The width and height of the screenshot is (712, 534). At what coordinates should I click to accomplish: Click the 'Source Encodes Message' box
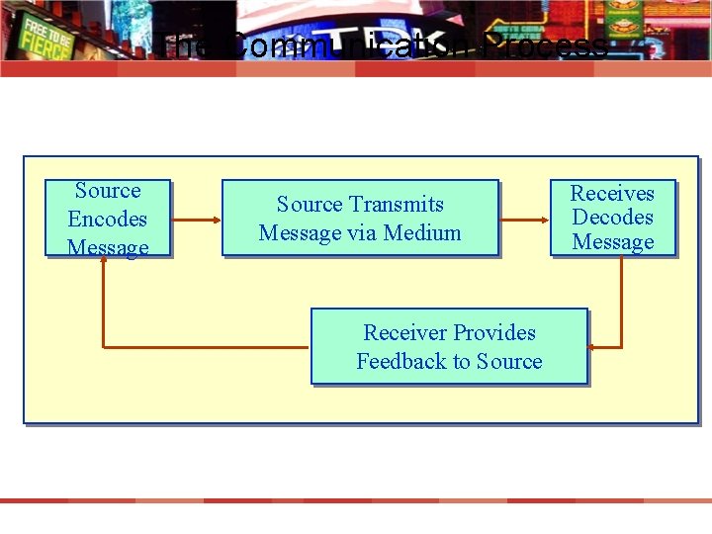click(x=108, y=219)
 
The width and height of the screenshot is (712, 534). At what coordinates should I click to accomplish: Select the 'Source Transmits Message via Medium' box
click(x=360, y=218)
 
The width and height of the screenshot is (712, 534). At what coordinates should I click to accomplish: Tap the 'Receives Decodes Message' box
click(x=613, y=218)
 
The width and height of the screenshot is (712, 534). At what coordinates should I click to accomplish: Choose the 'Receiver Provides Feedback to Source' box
click(x=449, y=346)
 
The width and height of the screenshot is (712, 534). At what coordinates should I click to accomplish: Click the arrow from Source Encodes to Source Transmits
click(x=196, y=218)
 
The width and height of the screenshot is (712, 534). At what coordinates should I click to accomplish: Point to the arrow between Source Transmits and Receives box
click(x=524, y=218)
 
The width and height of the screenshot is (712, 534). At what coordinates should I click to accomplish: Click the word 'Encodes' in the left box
click(x=107, y=220)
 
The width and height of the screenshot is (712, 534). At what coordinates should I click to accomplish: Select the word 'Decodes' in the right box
click(x=613, y=218)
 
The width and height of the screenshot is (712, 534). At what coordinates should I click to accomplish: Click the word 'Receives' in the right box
click(x=613, y=193)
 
